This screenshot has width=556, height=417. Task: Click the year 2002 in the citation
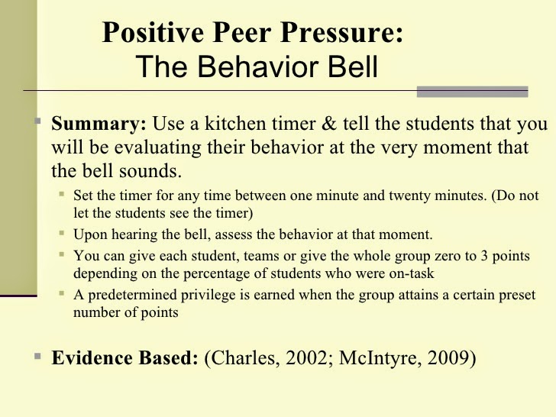tap(306, 357)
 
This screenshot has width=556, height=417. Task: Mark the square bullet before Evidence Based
tap(38, 356)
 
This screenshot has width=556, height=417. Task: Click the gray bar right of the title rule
tap(472, 92)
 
